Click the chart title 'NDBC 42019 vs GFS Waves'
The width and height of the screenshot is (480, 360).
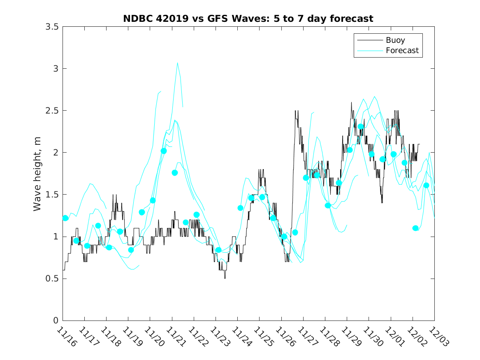click(x=248, y=19)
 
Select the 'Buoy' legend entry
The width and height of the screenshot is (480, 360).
click(x=395, y=40)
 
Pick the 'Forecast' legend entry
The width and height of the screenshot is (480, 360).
click(x=402, y=51)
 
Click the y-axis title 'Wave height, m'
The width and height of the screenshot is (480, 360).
click(x=37, y=174)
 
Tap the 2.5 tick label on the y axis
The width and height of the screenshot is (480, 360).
click(x=53, y=111)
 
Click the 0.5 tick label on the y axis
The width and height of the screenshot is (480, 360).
click(x=53, y=279)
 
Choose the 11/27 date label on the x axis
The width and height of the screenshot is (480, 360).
click(x=306, y=337)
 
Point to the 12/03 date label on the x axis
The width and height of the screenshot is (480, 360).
click(x=438, y=337)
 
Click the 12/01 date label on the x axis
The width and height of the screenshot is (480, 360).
click(x=394, y=337)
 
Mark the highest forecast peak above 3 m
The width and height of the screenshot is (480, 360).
click(x=177, y=63)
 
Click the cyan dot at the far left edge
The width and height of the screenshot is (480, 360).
click(x=65, y=218)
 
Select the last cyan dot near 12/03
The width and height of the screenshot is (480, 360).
click(x=426, y=186)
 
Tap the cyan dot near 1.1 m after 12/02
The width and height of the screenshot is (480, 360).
click(x=415, y=228)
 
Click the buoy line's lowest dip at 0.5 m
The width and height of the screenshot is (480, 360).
click(x=225, y=279)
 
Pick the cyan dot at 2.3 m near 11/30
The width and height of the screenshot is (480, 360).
click(x=361, y=127)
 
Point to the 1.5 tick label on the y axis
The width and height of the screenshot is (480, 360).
click(x=53, y=195)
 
